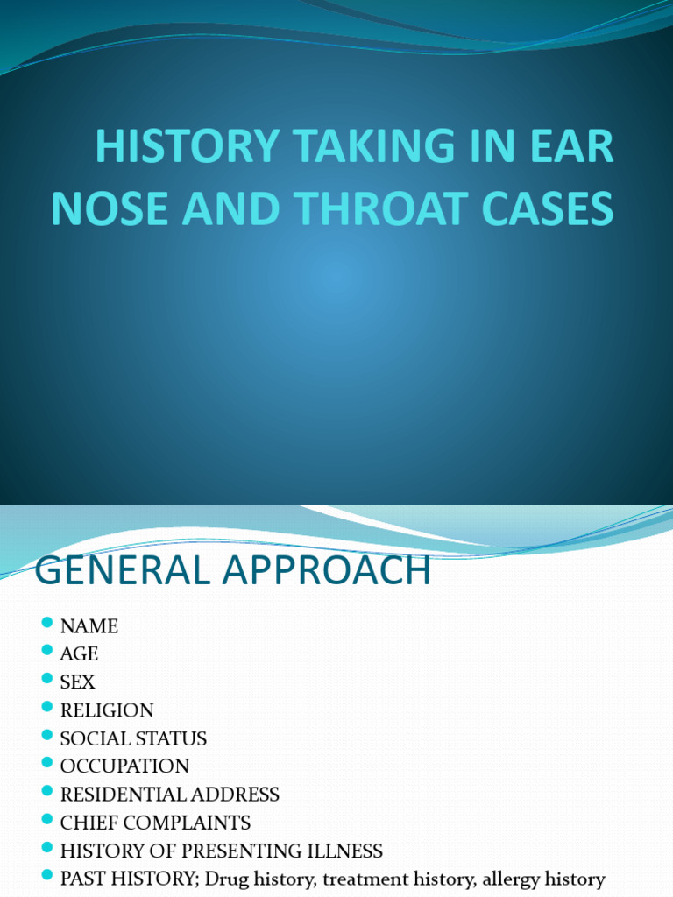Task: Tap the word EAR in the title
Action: coord(573,146)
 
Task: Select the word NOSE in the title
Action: coord(103,210)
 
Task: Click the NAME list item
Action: coord(89,626)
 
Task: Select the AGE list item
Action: coord(79,654)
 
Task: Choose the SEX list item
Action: coord(77,682)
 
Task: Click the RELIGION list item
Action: coord(107,710)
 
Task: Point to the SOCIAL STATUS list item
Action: coord(133,738)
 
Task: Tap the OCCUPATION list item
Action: coord(124,766)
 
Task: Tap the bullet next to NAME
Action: coord(47,624)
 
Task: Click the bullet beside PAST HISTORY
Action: coord(47,876)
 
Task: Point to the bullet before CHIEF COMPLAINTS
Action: coord(47,820)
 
